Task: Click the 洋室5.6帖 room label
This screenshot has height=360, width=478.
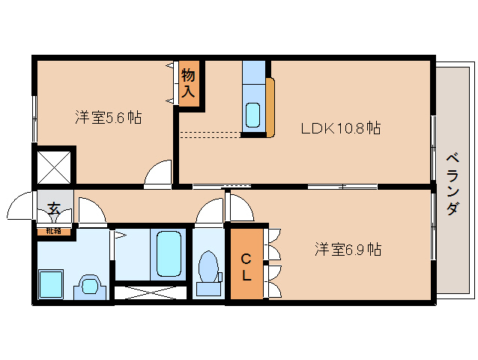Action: click(x=109, y=118)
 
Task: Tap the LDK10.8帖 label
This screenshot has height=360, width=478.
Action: click(x=341, y=128)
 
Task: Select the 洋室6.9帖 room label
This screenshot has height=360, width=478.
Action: click(x=347, y=249)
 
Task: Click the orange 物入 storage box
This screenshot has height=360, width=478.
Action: click(x=189, y=84)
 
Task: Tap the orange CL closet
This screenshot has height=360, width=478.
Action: click(x=246, y=265)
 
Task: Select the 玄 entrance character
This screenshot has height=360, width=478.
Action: click(x=54, y=208)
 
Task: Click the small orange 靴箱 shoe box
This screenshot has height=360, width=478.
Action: click(x=54, y=231)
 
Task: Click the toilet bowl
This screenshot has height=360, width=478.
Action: click(x=208, y=269)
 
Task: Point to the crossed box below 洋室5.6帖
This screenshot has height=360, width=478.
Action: click(x=55, y=164)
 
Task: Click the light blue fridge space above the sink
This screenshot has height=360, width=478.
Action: click(x=253, y=72)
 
